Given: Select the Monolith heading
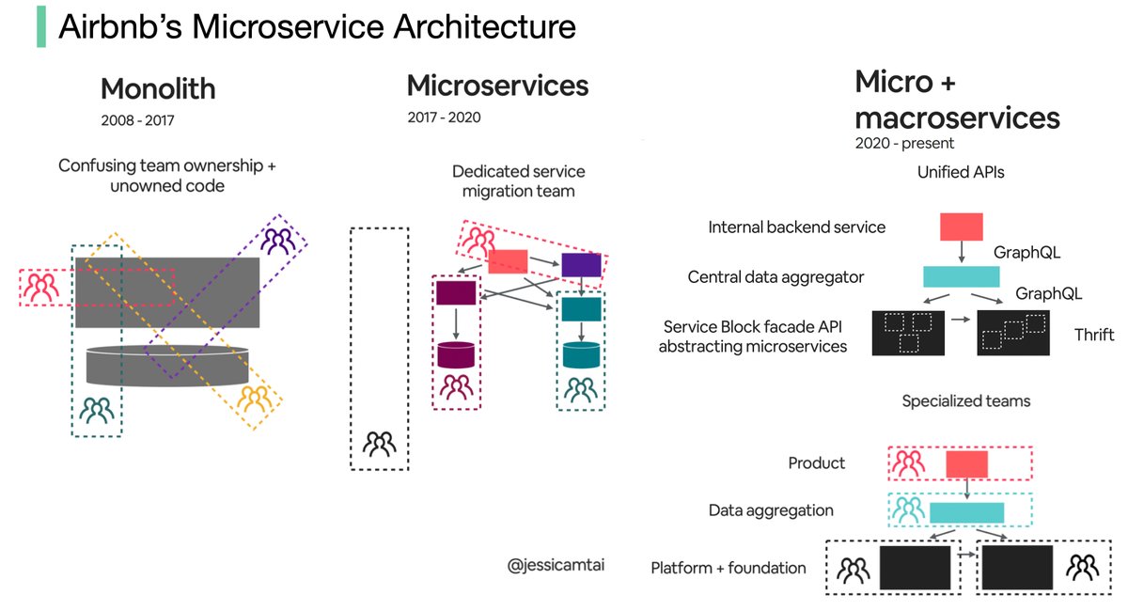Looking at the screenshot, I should pyautogui.click(x=158, y=89).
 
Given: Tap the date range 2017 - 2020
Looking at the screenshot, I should pyautogui.click(x=444, y=117).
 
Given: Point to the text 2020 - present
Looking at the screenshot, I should pyautogui.click(x=903, y=144).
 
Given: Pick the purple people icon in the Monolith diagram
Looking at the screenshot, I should pyautogui.click(x=277, y=243).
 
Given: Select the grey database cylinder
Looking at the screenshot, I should pyautogui.click(x=167, y=365).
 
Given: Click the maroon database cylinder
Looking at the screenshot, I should pyautogui.click(x=456, y=354).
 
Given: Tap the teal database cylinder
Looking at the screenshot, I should pyautogui.click(x=581, y=354).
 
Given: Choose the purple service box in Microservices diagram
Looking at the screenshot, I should pyautogui.click(x=580, y=265).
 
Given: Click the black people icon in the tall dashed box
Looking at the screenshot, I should pyautogui.click(x=380, y=443).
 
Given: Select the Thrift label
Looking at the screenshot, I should pyautogui.click(x=1094, y=336).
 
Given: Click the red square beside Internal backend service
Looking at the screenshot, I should pyautogui.click(x=961, y=227).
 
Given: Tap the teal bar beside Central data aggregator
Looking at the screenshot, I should pyautogui.click(x=961, y=276).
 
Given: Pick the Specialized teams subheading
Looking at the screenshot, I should pyautogui.click(x=965, y=401).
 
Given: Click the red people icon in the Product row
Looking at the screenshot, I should pyautogui.click(x=908, y=463).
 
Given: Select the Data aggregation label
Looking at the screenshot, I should pyautogui.click(x=771, y=510).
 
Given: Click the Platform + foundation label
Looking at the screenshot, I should pyautogui.click(x=728, y=568).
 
